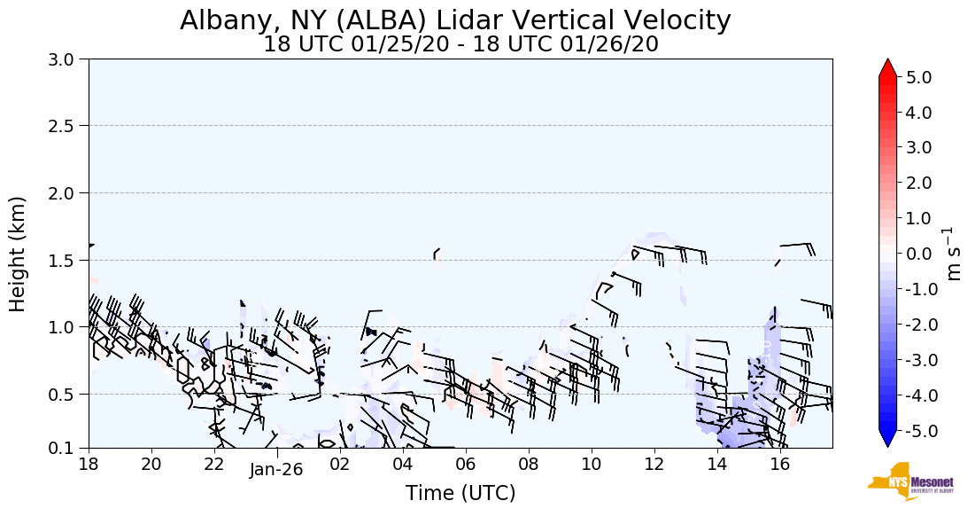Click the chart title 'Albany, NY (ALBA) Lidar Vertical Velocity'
point(455,20)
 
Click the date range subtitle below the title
point(460,44)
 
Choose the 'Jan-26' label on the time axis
point(276,470)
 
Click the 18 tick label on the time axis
point(89,463)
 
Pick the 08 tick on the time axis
point(529,463)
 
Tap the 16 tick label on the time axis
point(780,463)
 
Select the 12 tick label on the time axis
point(654,463)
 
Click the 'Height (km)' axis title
point(19,254)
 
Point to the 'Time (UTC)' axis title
point(460,493)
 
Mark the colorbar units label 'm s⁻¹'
point(954,254)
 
